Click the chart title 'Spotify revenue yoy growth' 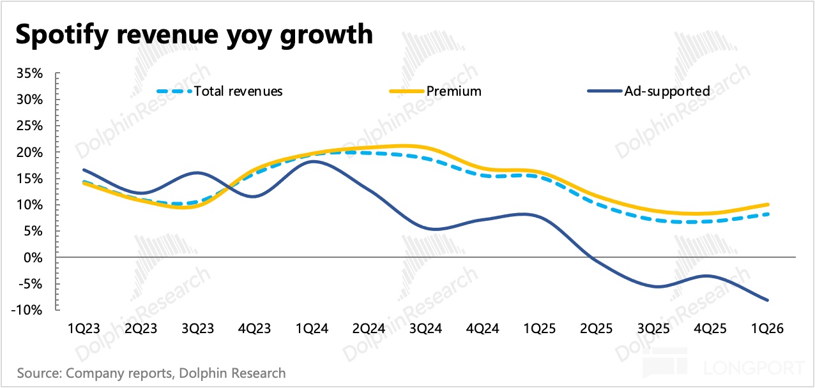point(194,33)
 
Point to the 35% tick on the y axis point(29,73)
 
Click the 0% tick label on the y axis point(33,257)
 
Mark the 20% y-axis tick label point(29,152)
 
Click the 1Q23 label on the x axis point(84,329)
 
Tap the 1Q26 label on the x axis point(767,329)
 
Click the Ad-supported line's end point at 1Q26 point(767,300)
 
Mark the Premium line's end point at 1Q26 point(767,205)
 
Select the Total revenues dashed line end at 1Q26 point(767,214)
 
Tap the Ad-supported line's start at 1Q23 point(84,170)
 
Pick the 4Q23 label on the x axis point(254,329)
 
